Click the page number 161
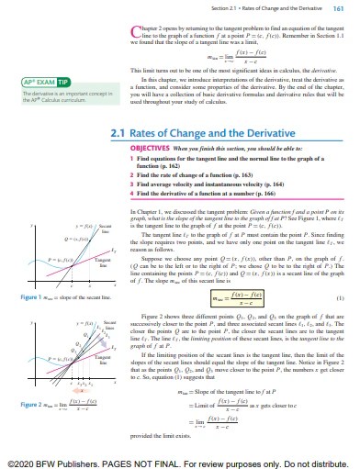pyautogui.click(x=337, y=8)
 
